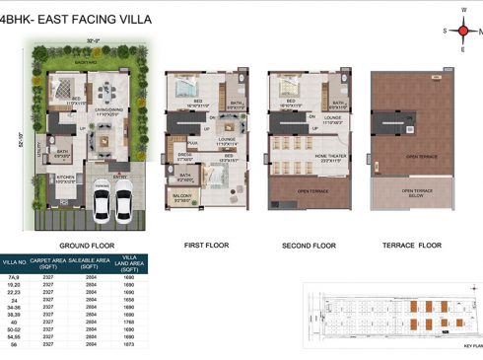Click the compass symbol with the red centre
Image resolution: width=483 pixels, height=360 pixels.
pos(462,31)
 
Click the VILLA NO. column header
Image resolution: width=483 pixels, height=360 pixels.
pos(14,262)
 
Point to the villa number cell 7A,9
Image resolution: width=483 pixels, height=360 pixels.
pos(14,278)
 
